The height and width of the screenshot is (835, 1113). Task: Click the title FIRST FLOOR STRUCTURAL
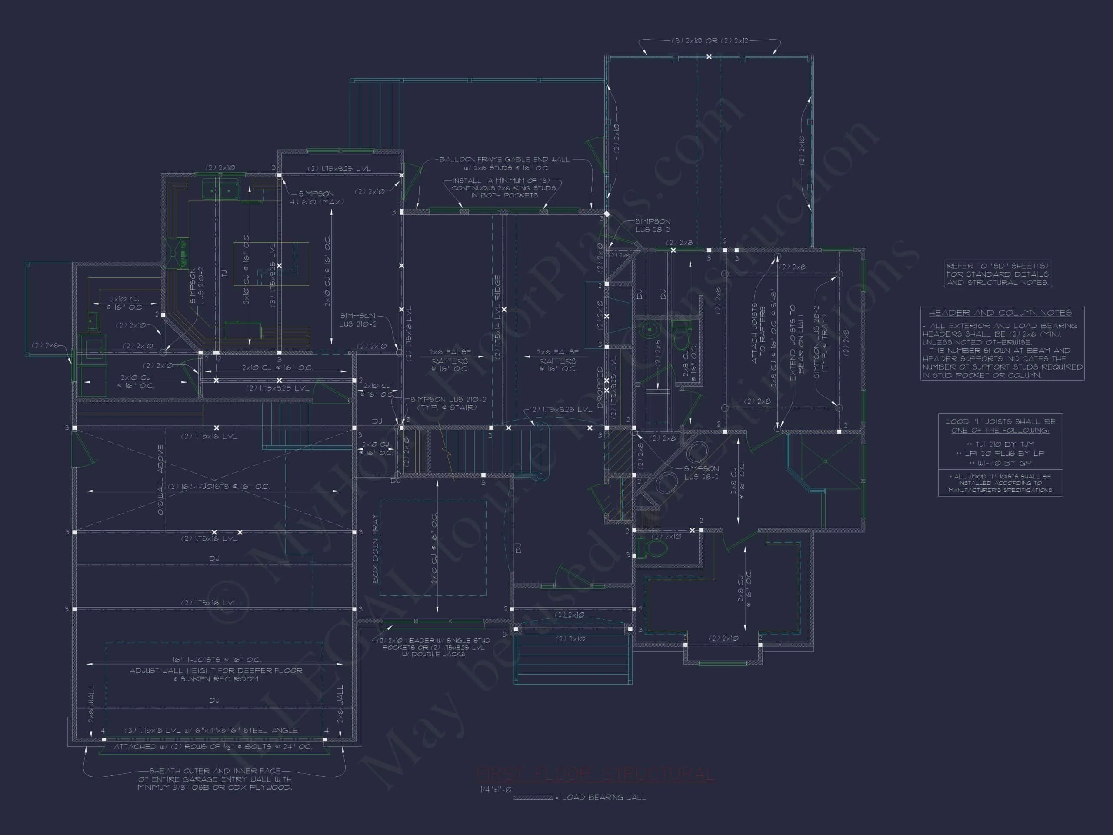[x=595, y=775]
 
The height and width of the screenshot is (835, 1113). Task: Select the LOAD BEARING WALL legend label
[x=603, y=798]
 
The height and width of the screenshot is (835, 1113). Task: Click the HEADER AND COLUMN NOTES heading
[x=1000, y=313]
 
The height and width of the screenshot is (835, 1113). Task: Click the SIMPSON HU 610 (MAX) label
[x=316, y=197]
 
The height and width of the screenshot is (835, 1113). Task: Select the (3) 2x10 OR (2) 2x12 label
[x=710, y=41]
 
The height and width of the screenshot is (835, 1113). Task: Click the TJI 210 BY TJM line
[x=1000, y=444]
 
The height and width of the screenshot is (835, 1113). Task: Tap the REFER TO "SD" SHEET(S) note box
[x=997, y=274]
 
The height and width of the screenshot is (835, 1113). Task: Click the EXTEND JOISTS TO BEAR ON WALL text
[x=796, y=342]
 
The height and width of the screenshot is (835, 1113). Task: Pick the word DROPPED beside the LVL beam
[x=600, y=387]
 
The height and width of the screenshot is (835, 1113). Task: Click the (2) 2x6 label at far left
[x=45, y=345]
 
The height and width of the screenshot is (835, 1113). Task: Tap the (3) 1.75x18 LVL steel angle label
[x=211, y=730]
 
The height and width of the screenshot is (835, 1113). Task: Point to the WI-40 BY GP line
[x=1000, y=463]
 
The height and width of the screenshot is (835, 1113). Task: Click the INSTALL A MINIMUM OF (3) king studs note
[x=503, y=188]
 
